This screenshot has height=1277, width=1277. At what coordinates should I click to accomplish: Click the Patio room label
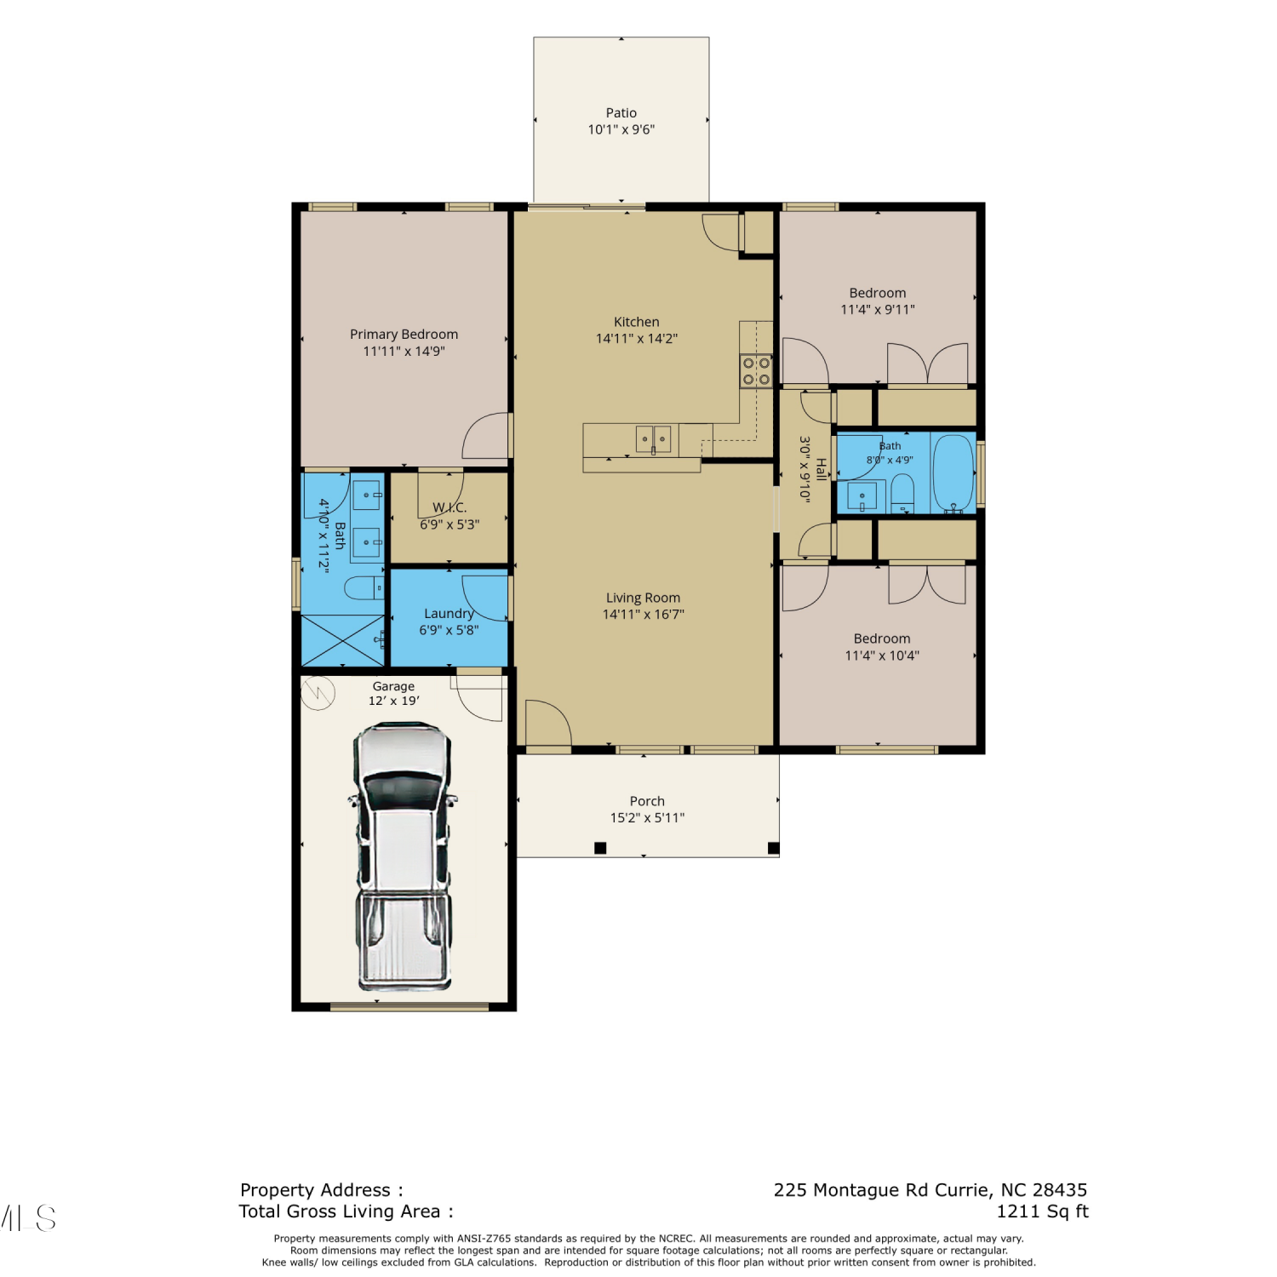(x=621, y=112)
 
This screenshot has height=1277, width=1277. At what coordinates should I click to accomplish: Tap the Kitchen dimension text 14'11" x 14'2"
(x=636, y=339)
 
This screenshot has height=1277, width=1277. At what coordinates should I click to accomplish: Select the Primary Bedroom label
(x=404, y=335)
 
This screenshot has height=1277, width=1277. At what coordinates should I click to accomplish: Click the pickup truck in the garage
(x=403, y=856)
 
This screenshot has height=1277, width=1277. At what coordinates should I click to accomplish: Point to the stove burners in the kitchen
(x=756, y=371)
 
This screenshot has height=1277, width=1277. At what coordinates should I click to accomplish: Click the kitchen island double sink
(x=653, y=439)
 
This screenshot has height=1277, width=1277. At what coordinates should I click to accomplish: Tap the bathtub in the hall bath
(x=953, y=473)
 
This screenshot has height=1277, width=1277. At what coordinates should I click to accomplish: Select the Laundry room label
(x=449, y=614)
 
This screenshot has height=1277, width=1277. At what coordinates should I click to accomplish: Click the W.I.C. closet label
(x=450, y=507)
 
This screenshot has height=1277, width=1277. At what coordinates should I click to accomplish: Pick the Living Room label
(x=643, y=598)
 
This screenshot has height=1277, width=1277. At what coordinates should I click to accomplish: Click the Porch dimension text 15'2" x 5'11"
(x=647, y=818)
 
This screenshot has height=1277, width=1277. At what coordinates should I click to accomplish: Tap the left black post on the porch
(x=600, y=848)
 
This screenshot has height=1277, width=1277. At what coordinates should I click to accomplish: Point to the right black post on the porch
(x=774, y=848)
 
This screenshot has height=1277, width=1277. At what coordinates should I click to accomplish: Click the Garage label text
(x=393, y=686)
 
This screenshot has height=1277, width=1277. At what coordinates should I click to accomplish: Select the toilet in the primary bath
(x=364, y=587)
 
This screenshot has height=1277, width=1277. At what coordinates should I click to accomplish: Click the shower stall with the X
(x=343, y=640)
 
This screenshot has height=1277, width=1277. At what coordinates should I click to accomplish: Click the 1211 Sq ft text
(x=1043, y=1211)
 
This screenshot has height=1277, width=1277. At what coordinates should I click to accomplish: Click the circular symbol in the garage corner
(x=318, y=693)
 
